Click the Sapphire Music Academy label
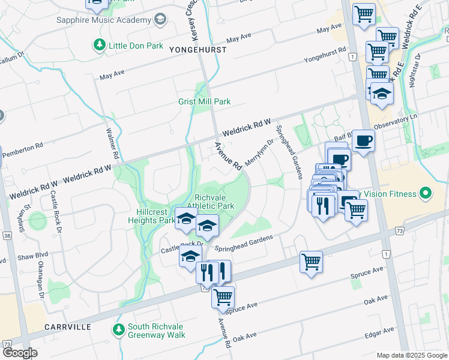click(x=103, y=20)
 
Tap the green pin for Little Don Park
click(x=98, y=44)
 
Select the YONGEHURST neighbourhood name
click(x=198, y=50)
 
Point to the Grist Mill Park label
click(x=204, y=102)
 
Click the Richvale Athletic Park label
click(x=214, y=201)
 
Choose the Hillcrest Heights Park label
click(x=151, y=216)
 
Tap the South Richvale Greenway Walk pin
click(x=118, y=329)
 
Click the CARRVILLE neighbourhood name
click(x=67, y=327)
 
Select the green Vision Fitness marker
click(x=426, y=194)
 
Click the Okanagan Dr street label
click(x=42, y=287)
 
